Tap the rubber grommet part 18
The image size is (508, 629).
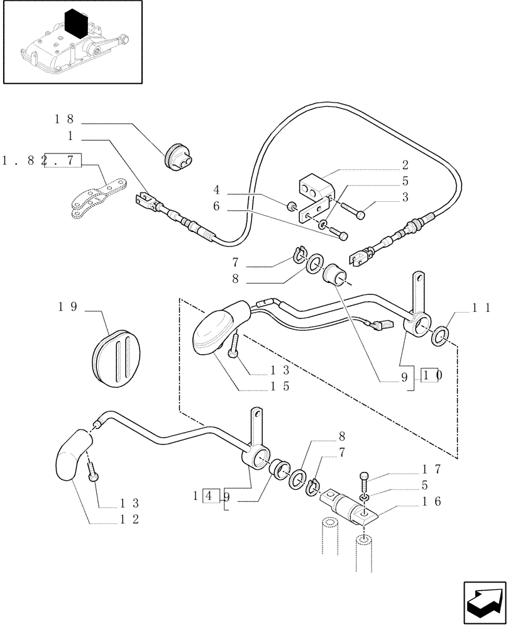(178, 157)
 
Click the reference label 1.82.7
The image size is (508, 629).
(42, 161)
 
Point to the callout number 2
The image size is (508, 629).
(406, 165)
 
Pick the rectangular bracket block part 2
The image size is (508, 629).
(314, 187)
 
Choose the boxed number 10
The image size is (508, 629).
(433, 376)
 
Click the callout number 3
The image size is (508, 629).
(406, 197)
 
